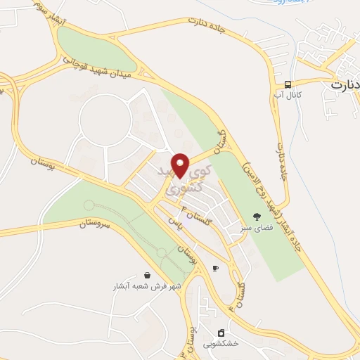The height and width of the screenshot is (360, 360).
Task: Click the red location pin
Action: (x=180, y=165)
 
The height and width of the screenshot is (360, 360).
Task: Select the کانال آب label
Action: (x=288, y=94)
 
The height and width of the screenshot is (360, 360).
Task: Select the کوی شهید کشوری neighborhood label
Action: (x=185, y=180)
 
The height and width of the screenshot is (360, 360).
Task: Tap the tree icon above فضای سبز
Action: (x=256, y=217)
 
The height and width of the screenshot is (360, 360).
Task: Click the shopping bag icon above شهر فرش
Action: (x=147, y=275)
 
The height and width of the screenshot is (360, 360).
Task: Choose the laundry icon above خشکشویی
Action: (x=221, y=333)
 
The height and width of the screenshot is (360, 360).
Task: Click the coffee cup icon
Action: (x=215, y=267)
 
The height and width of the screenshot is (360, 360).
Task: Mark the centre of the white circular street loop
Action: (x=105, y=120)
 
